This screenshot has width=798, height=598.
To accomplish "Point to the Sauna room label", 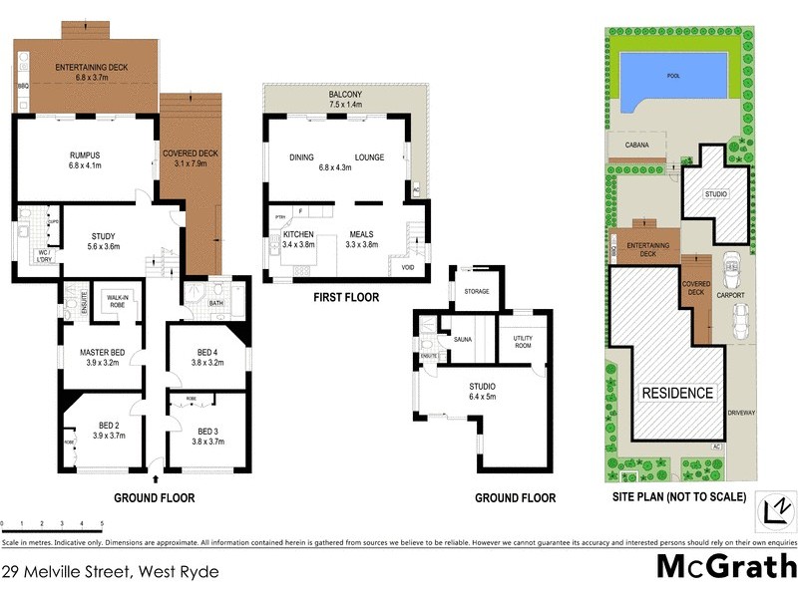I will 463,339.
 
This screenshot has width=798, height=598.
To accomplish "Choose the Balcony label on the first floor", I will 346,96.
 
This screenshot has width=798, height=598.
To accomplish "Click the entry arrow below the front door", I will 155,480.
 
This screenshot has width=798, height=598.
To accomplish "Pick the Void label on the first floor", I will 408,267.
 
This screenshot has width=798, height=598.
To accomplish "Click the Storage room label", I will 476,292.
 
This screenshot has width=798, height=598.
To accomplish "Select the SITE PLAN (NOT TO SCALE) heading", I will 678,497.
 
